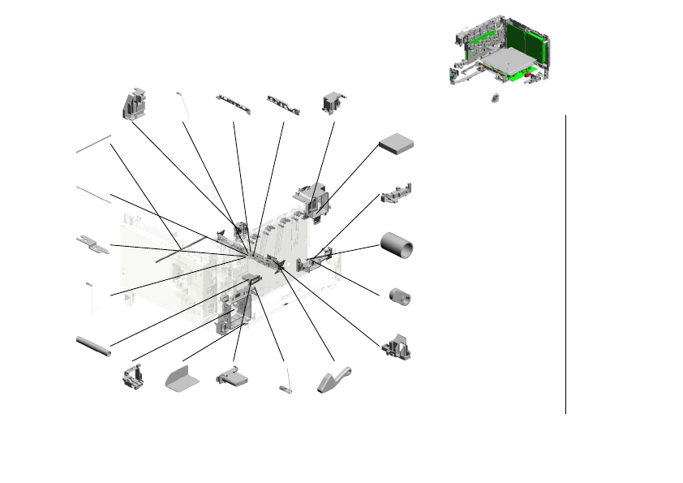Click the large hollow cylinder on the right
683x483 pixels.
click(x=397, y=246)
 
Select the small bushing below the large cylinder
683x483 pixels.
click(x=398, y=296)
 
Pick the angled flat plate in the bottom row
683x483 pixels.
click(x=182, y=378)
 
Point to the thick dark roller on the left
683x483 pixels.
click(x=93, y=346)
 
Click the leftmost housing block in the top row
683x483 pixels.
click(x=134, y=103)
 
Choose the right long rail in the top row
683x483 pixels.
click(x=284, y=104)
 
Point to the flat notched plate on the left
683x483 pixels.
click(x=93, y=244)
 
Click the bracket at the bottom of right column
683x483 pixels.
click(x=397, y=347)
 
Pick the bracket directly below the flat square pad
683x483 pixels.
click(x=396, y=193)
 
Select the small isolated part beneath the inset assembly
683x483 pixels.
click(x=493, y=98)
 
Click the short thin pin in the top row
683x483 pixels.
click(x=183, y=104)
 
